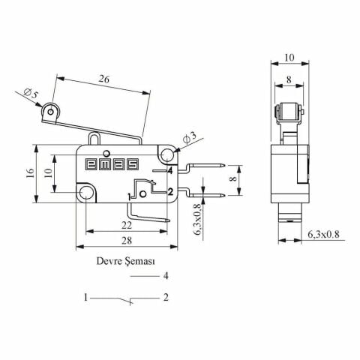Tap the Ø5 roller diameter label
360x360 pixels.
(31, 94)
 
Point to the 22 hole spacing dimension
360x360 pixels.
(127, 224)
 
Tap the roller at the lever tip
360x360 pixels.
(52, 112)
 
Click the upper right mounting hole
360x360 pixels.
(166, 154)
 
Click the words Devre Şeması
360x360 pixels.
(125, 262)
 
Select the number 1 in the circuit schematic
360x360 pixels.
(88, 298)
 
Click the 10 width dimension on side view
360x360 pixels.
(289, 57)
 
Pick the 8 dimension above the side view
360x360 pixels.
(289, 78)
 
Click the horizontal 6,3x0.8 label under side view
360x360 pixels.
(323, 235)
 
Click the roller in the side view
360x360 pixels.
(289, 113)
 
